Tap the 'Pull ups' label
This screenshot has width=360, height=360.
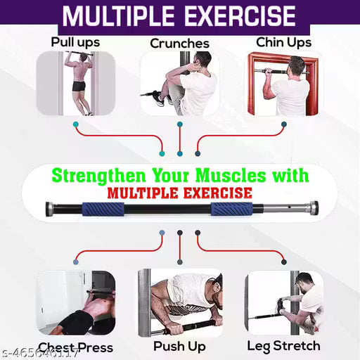tap(75, 41)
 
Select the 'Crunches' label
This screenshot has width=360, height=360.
tap(179, 44)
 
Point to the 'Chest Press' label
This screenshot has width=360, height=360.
tap(75, 347)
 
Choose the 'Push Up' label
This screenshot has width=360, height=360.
tap(179, 346)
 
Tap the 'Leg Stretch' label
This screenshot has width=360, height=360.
tap(283, 345)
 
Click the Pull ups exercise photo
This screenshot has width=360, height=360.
tap(75, 84)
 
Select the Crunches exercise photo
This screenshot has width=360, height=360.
tap(179, 86)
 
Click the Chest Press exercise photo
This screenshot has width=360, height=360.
tap(75, 303)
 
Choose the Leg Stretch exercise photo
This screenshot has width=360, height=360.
tap(284, 303)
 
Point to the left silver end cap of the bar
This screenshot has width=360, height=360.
tap(51, 209)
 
